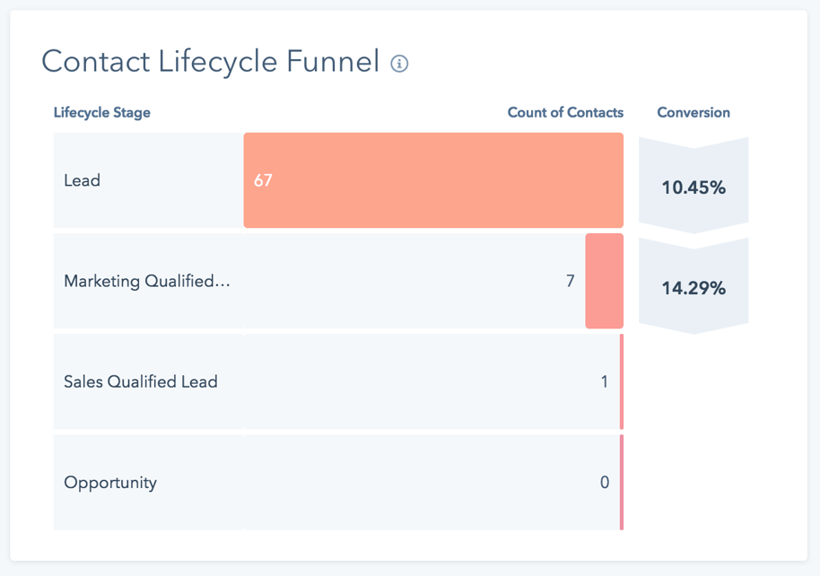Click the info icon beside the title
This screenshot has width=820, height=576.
400,64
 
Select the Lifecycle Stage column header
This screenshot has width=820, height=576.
102,113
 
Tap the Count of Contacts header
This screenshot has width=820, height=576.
565,113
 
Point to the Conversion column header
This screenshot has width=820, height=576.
694,113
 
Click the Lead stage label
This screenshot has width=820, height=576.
83,180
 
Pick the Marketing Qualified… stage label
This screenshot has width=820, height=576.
147,282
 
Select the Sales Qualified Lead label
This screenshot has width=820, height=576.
141,382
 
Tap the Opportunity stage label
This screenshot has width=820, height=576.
110,483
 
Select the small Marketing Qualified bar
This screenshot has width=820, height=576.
604,281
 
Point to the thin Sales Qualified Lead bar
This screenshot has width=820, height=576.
621,381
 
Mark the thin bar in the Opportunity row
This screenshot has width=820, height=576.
621,482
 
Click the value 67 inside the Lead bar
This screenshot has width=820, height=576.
263,180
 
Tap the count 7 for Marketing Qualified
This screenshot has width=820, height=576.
571,282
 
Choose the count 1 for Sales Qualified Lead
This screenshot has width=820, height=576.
605,382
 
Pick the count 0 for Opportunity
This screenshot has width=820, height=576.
605,483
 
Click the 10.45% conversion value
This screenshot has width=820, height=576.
694,188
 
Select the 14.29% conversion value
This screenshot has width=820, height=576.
694,289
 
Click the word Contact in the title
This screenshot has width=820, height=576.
96,62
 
